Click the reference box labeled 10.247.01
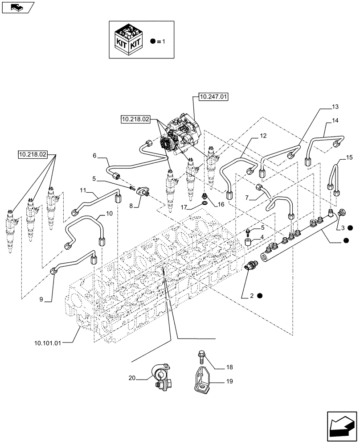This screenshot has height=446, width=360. point(211,97)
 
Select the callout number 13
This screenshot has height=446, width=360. point(335,107)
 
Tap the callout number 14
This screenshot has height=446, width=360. point(335,121)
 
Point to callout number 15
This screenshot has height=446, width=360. point(349,157)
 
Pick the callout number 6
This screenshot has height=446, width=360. point(94,155)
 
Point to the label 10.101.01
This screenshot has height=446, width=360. point(48,343)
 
